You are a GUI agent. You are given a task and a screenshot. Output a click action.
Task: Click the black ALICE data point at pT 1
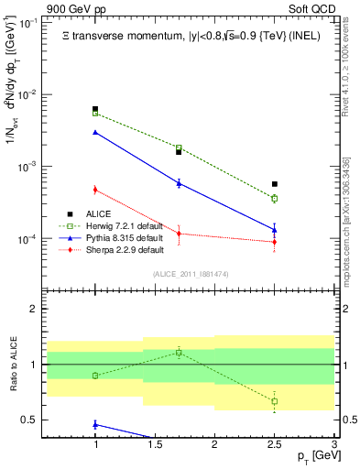95,109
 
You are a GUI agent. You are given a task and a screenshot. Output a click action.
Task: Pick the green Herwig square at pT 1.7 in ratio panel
179,352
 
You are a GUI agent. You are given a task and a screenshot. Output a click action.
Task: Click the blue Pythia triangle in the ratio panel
95,424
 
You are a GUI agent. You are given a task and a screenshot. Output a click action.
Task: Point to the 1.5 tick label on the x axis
155,444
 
